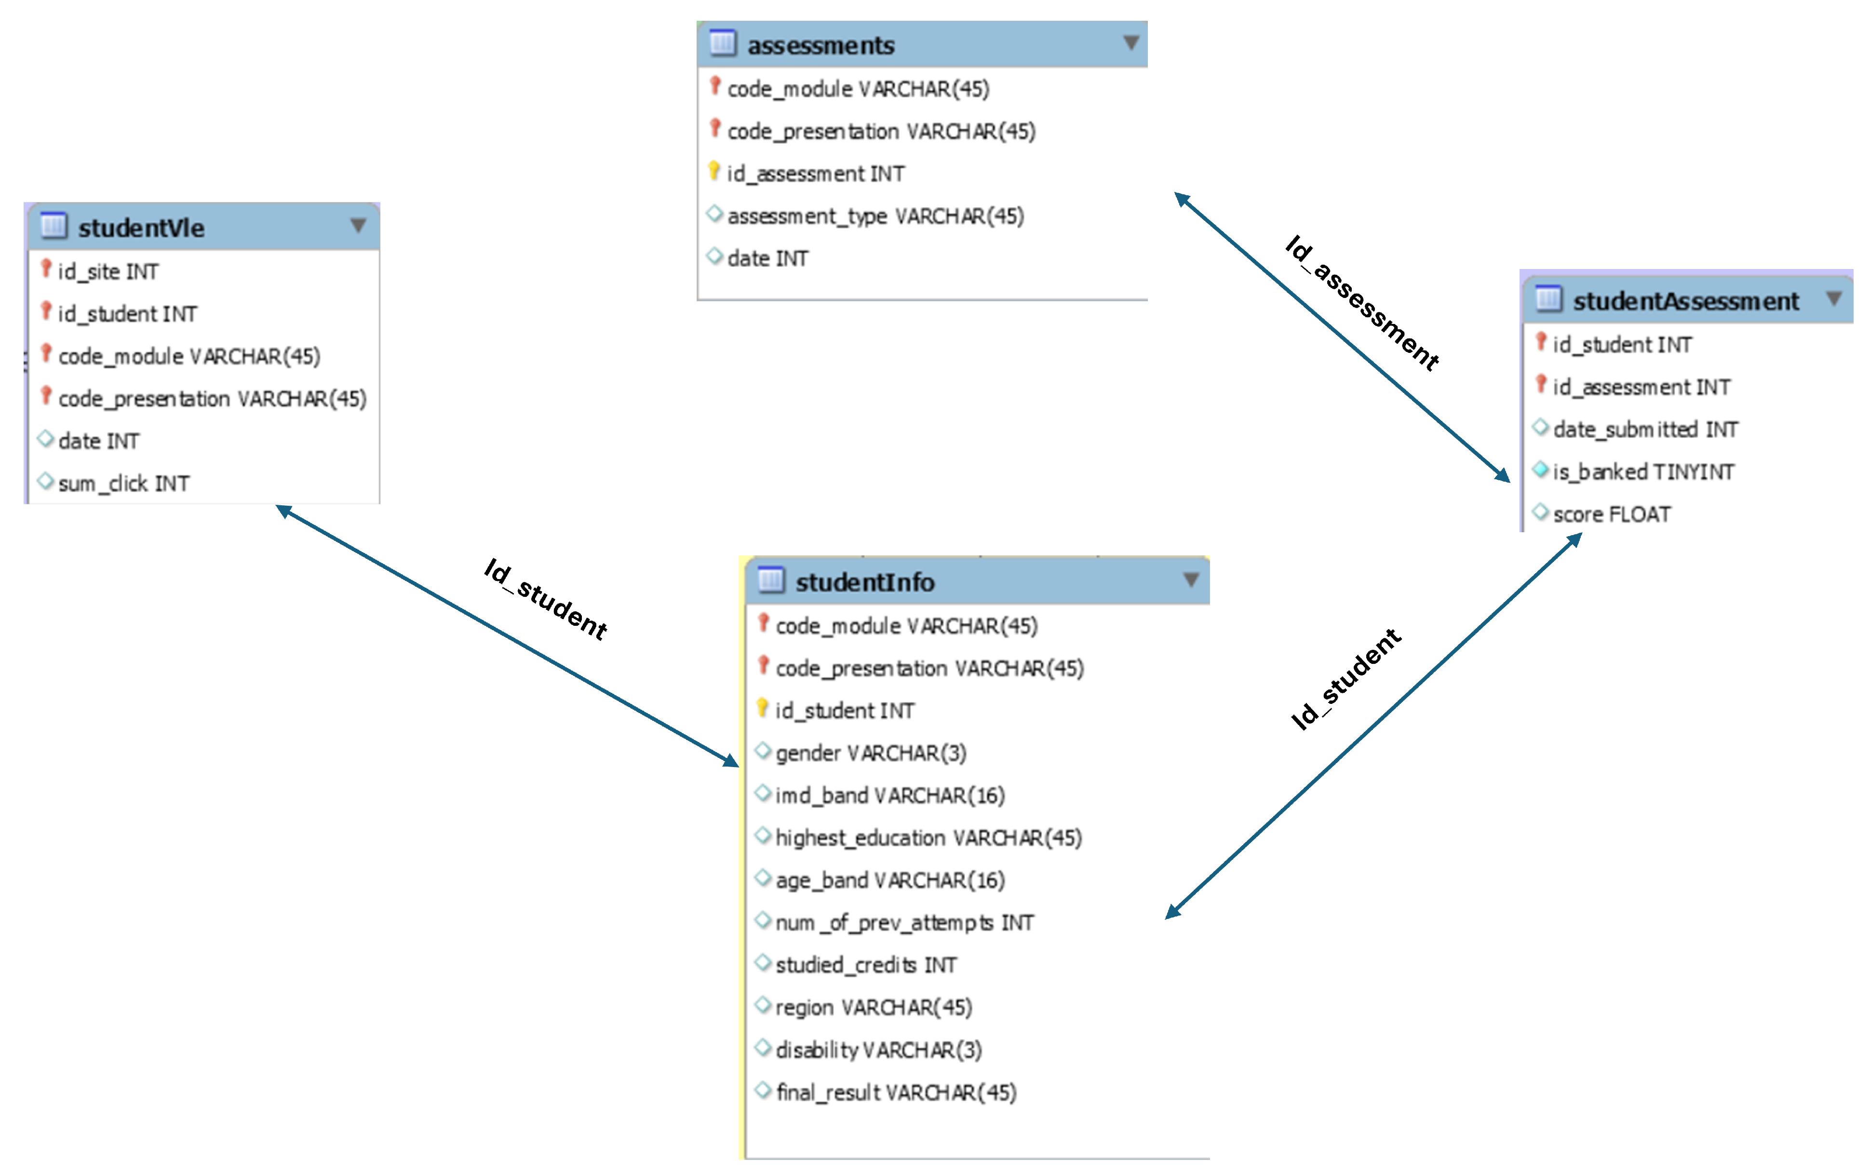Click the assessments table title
click(820, 46)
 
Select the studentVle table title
click(141, 228)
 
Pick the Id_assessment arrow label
click(1361, 303)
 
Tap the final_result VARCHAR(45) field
click(895, 1093)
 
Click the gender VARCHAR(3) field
click(870, 753)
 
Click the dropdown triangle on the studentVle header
click(358, 226)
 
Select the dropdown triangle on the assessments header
click(1131, 43)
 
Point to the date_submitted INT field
click(1644, 430)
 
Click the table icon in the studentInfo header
click(770, 580)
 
